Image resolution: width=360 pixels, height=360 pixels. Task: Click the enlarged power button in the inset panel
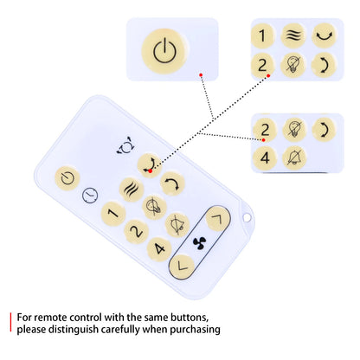coord(164,51)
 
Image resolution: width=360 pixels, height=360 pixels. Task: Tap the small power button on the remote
coord(67,178)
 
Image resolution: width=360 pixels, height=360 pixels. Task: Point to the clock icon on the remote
coord(90,196)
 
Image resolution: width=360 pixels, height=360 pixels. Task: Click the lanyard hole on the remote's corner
coord(247,217)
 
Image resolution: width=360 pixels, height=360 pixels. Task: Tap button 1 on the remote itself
coord(113,214)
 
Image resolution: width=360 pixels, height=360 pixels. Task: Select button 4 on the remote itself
coord(159,248)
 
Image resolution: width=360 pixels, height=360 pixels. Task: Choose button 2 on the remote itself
coord(136,231)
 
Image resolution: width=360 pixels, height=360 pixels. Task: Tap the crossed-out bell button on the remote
coord(177,225)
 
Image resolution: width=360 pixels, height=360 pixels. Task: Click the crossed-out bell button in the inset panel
coord(294,157)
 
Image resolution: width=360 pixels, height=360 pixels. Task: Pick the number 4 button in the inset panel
coord(265,158)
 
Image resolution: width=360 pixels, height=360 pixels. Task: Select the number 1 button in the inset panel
coord(262,35)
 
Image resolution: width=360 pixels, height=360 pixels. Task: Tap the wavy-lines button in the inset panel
coord(293,35)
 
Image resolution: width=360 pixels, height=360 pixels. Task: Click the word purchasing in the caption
coord(195,330)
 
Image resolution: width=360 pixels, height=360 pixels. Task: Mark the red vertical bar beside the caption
coord(10,322)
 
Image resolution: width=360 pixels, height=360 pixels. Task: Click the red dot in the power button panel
coord(201,74)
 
